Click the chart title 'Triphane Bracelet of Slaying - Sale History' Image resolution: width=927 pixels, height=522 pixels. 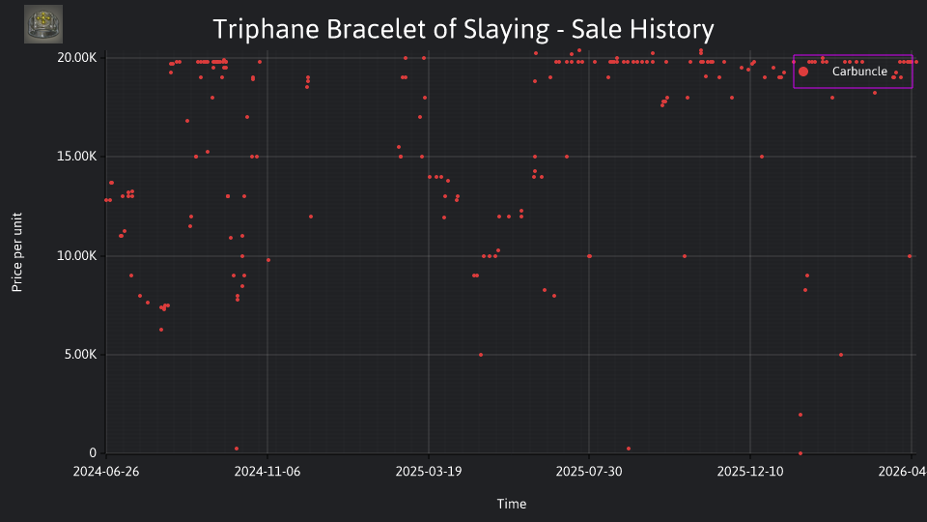click(x=463, y=29)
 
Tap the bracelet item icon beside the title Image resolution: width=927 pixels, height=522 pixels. click(x=43, y=24)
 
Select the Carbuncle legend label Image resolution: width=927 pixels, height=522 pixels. click(x=859, y=72)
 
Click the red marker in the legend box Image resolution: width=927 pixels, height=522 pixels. click(x=802, y=72)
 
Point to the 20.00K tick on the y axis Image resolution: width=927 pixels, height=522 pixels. click(x=77, y=57)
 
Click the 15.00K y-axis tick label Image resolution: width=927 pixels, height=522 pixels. click(x=77, y=157)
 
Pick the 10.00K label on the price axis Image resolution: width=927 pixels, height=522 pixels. click(x=77, y=255)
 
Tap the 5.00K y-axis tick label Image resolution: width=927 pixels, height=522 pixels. click(x=80, y=355)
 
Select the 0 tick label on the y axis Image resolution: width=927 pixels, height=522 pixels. click(x=93, y=452)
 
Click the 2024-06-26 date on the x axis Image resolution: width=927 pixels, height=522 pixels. click(x=106, y=472)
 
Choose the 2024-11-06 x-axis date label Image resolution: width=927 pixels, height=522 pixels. click(x=267, y=472)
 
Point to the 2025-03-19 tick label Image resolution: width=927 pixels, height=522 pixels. click(x=429, y=472)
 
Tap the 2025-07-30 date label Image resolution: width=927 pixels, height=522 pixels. click(x=589, y=472)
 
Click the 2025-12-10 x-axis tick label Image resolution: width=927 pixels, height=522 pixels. click(x=750, y=472)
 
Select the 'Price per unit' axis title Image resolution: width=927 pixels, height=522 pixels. click(x=17, y=252)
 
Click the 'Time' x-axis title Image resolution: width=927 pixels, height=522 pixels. click(x=512, y=504)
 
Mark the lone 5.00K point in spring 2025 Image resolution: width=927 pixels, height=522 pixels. click(x=481, y=355)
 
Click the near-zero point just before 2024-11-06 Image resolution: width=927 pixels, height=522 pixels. click(x=237, y=449)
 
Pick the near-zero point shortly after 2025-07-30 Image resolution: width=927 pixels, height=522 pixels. click(x=629, y=449)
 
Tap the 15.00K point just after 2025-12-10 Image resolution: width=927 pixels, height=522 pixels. click(x=762, y=157)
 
